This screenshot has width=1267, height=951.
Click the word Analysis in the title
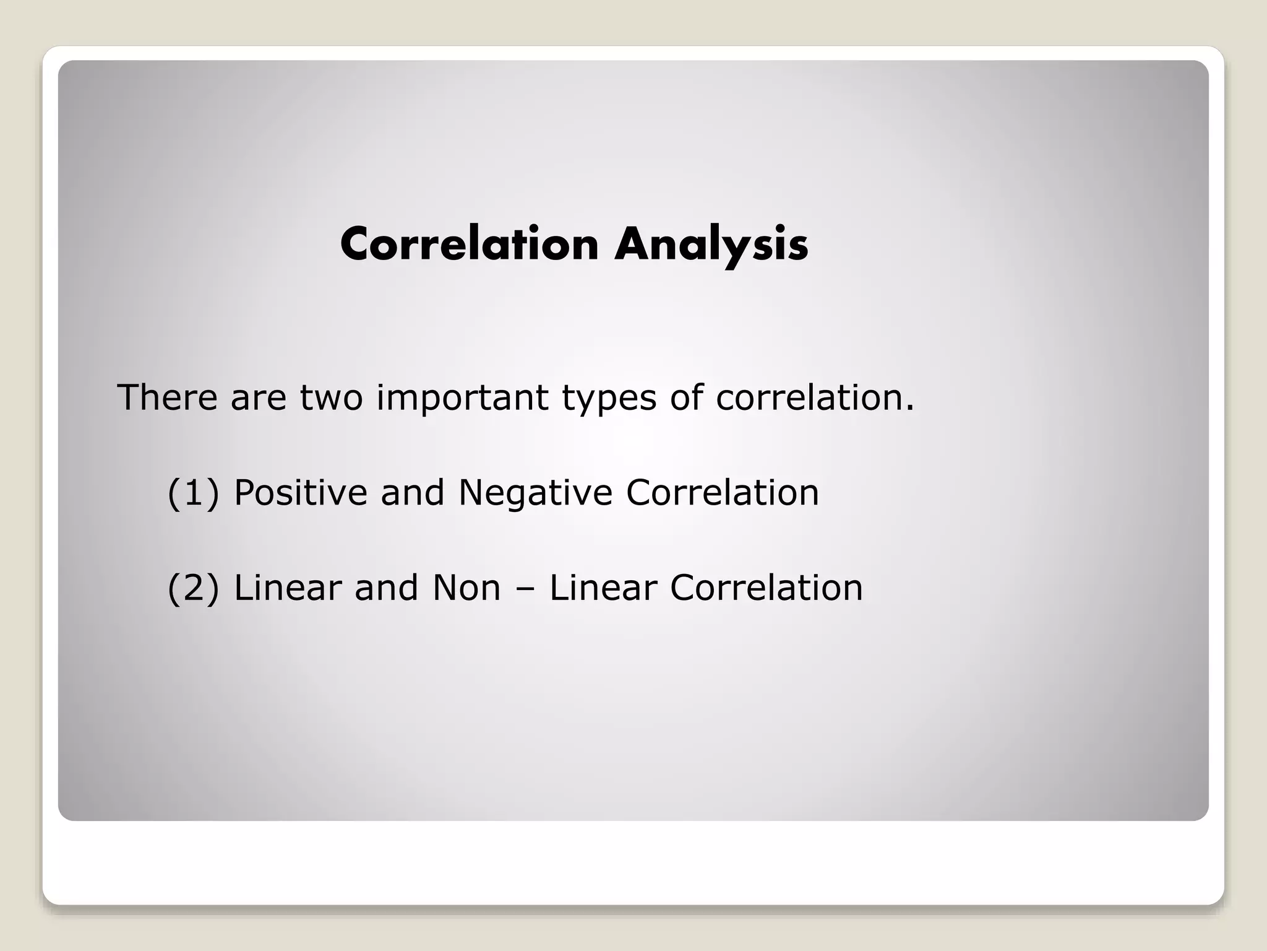click(x=711, y=245)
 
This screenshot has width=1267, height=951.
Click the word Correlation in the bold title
click(x=470, y=245)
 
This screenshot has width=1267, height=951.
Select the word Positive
click(x=301, y=493)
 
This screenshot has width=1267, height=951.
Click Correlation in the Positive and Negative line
click(x=722, y=493)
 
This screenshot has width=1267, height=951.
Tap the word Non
click(x=466, y=588)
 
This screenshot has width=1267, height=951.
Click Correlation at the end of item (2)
click(x=766, y=588)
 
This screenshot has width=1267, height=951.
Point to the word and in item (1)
click(x=413, y=493)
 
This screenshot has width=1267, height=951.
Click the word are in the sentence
click(x=258, y=398)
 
